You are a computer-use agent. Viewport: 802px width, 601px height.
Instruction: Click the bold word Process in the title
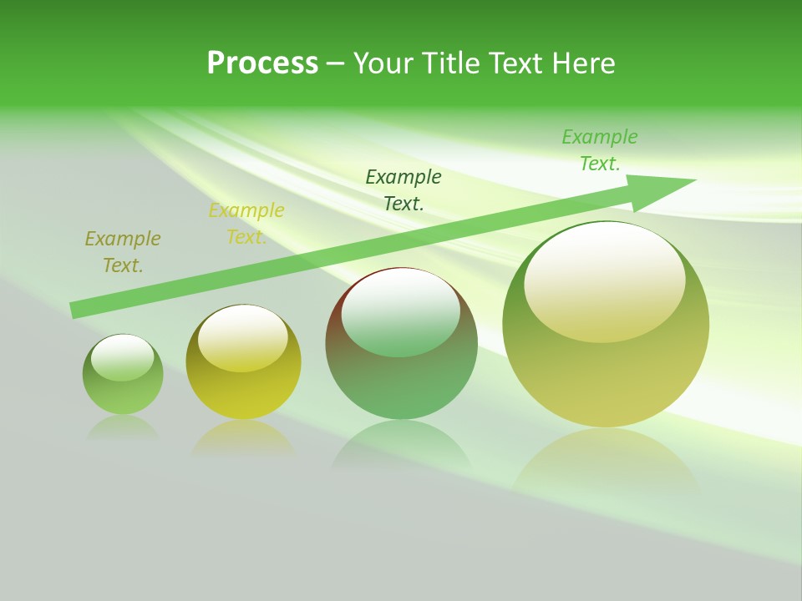[x=262, y=63]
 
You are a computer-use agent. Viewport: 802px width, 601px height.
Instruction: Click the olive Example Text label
[x=123, y=252]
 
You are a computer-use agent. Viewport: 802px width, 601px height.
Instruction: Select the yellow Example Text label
[x=246, y=224]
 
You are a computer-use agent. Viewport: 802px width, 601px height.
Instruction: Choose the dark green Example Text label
[x=404, y=189]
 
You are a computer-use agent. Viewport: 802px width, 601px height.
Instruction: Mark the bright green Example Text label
[x=600, y=150]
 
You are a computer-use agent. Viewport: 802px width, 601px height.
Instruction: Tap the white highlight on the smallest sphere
[x=123, y=357]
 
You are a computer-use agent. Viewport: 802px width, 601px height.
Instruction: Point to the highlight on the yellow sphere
[x=242, y=338]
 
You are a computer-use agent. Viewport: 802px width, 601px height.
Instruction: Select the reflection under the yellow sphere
[x=243, y=437]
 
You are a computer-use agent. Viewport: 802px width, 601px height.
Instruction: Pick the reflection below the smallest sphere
[x=123, y=427]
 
